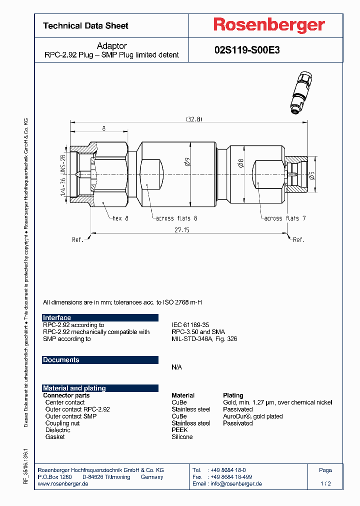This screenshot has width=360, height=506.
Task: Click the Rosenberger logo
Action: point(269,25)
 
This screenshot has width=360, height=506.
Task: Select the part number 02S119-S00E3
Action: point(247,50)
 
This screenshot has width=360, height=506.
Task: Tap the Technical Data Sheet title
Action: point(85,26)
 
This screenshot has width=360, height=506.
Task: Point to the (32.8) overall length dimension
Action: point(194,119)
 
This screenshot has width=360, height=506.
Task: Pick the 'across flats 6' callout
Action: point(176,218)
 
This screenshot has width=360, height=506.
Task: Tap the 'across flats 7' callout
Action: point(285,218)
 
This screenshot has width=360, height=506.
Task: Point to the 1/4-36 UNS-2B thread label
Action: point(63,174)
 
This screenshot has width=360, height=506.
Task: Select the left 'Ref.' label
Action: point(77,240)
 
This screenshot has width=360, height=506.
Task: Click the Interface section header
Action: point(57,318)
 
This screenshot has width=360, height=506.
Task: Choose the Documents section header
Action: point(61,360)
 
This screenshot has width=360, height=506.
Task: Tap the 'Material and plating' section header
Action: point(74,388)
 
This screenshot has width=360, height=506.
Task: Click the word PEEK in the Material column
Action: point(179,430)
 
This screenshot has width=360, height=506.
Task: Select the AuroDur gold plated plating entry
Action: point(252,416)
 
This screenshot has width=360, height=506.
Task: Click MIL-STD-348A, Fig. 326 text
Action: point(204,339)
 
